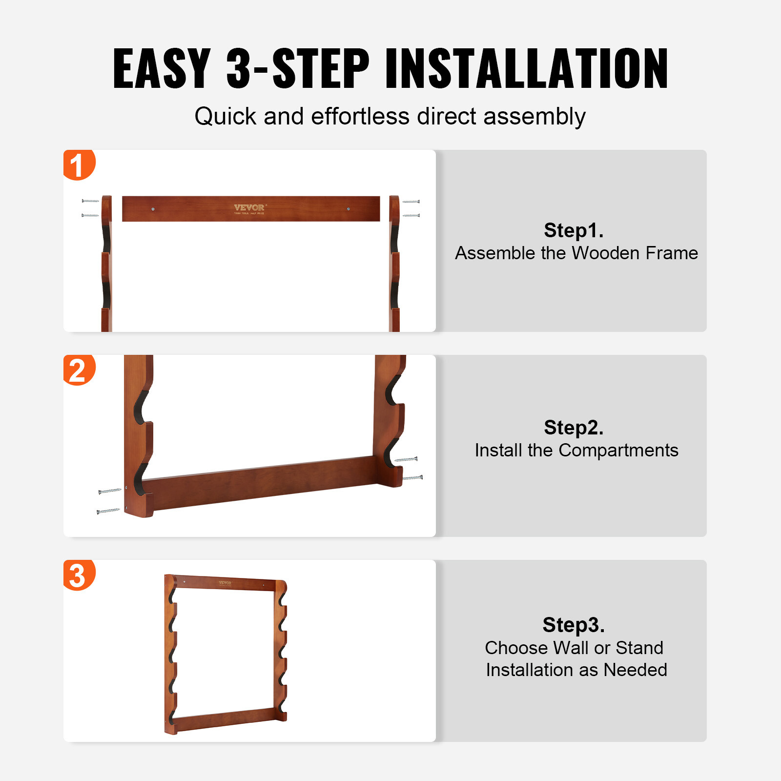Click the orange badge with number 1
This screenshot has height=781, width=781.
(78, 164)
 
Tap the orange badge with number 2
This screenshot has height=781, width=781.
(78, 370)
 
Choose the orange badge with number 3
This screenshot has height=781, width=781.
(78, 575)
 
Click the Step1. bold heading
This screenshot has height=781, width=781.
(574, 230)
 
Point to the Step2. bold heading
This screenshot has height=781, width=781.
(574, 428)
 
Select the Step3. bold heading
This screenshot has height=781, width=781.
(574, 625)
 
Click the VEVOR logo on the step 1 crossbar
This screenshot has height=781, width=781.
(249, 208)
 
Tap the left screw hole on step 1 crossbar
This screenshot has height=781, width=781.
(153, 209)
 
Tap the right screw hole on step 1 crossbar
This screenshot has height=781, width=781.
(348, 209)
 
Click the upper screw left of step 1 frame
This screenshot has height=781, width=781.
(90, 201)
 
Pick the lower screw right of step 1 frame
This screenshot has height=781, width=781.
(411, 215)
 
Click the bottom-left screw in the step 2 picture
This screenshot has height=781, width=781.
(108, 511)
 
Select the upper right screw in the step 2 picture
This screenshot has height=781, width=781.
(406, 459)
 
